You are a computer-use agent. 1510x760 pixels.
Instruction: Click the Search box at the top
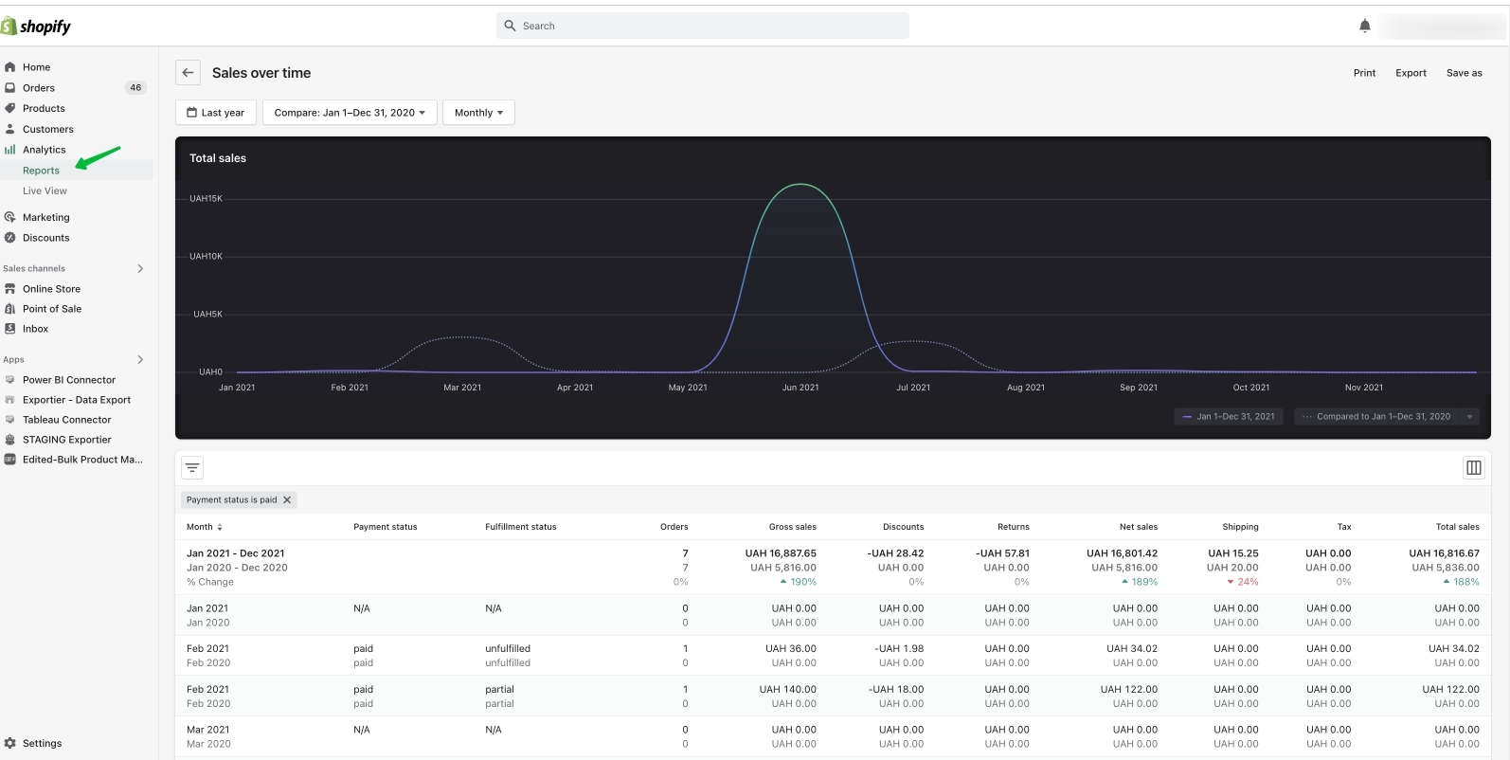[x=702, y=26]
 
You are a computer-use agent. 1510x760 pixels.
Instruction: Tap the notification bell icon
[x=1364, y=26]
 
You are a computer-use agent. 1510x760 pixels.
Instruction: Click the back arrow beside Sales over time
[x=188, y=73]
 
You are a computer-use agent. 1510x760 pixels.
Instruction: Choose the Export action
[x=1411, y=73]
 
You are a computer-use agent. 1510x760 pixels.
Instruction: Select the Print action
[x=1364, y=73]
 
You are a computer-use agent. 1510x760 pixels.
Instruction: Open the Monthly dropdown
[x=478, y=113]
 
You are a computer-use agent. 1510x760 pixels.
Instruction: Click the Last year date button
[x=216, y=113]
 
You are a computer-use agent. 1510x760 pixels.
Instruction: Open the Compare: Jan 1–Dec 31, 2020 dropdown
[x=350, y=113]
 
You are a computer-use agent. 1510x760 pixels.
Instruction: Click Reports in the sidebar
[x=41, y=171]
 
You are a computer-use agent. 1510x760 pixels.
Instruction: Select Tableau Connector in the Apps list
[x=66, y=420]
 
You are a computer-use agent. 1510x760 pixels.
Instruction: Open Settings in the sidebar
[x=42, y=743]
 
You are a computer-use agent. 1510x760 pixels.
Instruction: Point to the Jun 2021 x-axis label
[x=800, y=388]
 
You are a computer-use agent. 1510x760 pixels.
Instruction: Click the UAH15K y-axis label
[x=206, y=199]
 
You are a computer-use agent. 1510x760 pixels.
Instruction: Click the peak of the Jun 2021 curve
[x=800, y=184]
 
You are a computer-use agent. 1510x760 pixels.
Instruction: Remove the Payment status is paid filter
[x=287, y=500]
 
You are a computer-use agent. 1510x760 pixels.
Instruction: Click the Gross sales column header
[x=792, y=527]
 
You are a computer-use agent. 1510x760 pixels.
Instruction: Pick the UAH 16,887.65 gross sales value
[x=781, y=553]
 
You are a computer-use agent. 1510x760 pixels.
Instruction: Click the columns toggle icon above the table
[x=1473, y=467]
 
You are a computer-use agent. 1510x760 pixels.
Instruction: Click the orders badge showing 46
[x=135, y=88]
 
